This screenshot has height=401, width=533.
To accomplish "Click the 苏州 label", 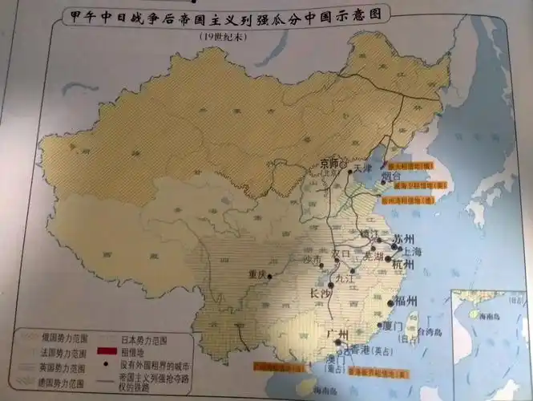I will point(403,239).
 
